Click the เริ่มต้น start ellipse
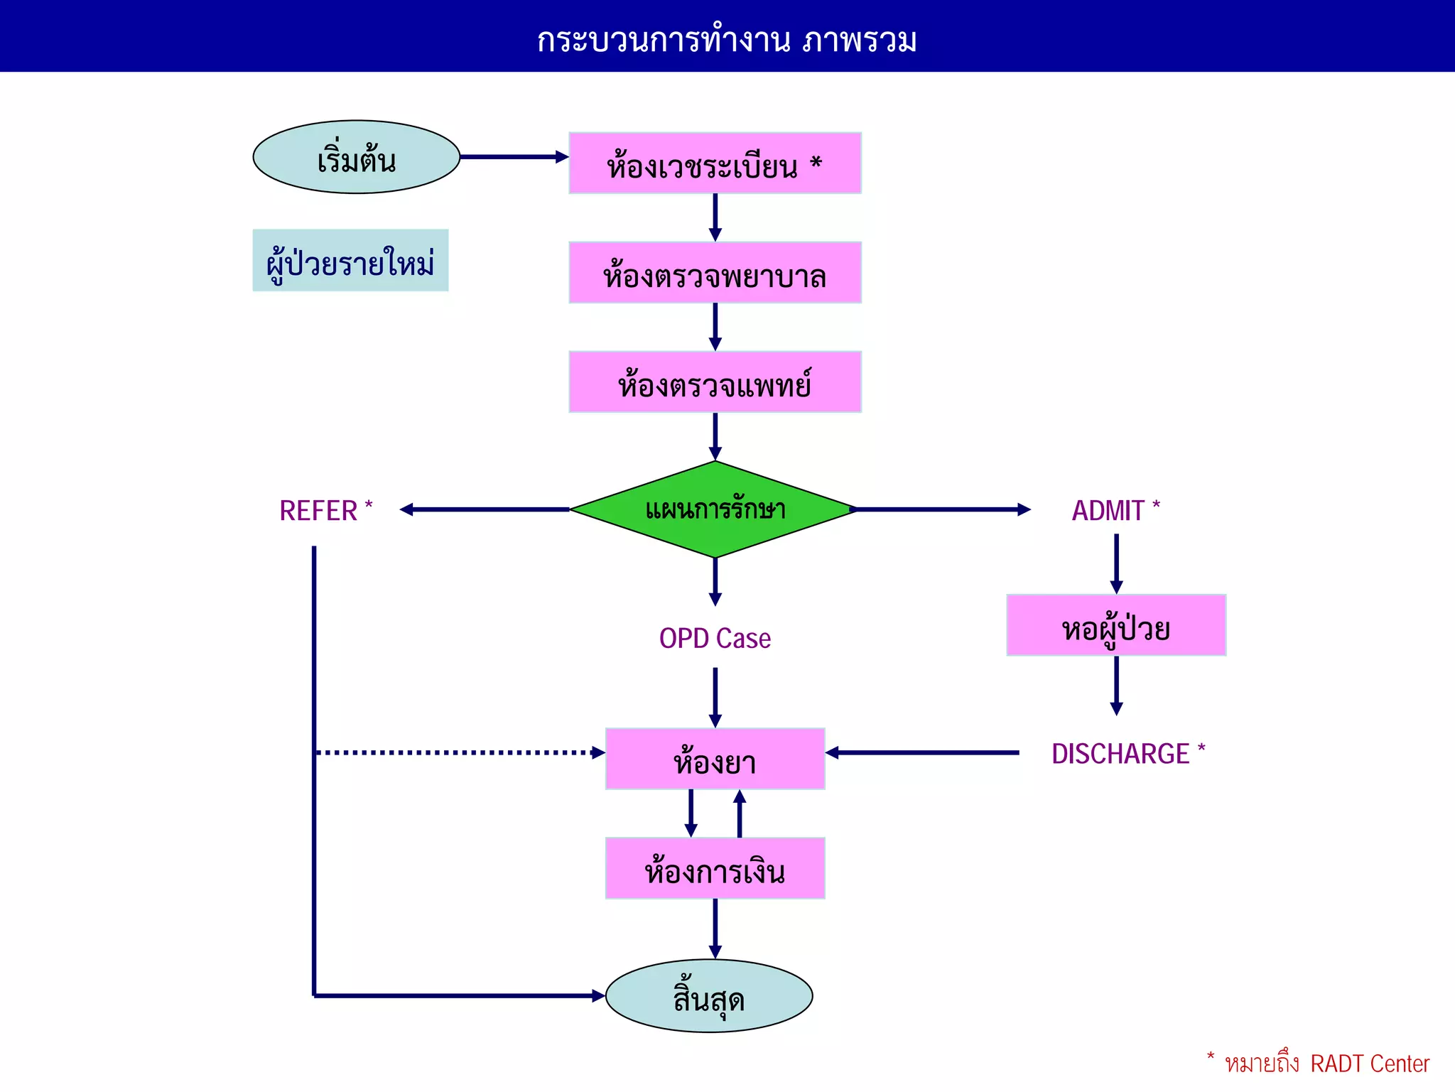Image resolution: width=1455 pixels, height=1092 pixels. [x=357, y=157]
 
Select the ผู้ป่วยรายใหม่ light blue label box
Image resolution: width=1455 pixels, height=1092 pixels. [x=350, y=261]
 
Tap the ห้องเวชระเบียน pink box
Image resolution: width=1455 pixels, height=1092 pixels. [x=715, y=163]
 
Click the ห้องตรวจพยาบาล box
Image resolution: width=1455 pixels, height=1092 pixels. [x=715, y=273]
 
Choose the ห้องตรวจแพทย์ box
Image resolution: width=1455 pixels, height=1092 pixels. [x=715, y=382]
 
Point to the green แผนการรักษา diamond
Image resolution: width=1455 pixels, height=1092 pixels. [x=715, y=509]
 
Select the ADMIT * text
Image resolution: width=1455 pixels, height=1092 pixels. [x=1115, y=510]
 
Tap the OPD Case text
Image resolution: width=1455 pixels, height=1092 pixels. [x=715, y=638]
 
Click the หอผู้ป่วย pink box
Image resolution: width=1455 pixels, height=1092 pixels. [x=1116, y=625]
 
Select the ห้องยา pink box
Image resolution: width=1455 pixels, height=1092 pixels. [x=715, y=759]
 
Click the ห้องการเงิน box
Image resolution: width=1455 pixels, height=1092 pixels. [x=715, y=868]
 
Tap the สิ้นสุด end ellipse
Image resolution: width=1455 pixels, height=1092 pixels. [x=709, y=996]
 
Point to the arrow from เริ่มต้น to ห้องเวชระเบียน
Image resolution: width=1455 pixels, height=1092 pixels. [x=513, y=157]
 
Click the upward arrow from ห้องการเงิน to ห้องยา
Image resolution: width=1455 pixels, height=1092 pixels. [x=740, y=813]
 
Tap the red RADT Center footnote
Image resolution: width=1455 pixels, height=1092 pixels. [x=1326, y=1064]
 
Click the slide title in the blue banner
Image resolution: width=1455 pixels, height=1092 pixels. [x=727, y=39]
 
